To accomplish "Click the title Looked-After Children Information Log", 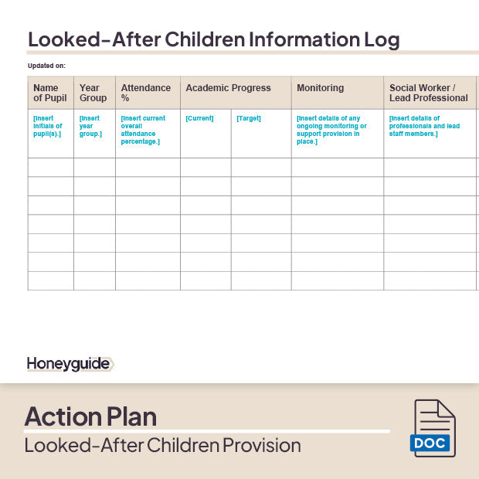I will pyautogui.click(x=213, y=39).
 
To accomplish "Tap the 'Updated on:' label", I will pyautogui.click(x=46, y=66).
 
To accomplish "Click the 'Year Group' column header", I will pyautogui.click(x=93, y=93).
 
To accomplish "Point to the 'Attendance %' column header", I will pyautogui.click(x=145, y=93).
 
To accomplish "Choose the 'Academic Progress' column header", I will pyautogui.click(x=228, y=88).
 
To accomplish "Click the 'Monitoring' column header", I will pyautogui.click(x=320, y=88).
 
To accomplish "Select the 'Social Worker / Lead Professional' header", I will pyautogui.click(x=428, y=93).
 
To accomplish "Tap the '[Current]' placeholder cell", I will pyautogui.click(x=199, y=118).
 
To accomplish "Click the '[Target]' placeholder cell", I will pyautogui.click(x=249, y=118).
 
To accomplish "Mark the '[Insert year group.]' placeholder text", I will pyautogui.click(x=90, y=126).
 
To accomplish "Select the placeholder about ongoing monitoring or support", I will pyautogui.click(x=331, y=130).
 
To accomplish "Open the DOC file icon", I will pyautogui.click(x=433, y=429).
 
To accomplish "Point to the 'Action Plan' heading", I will pyautogui.click(x=90, y=416).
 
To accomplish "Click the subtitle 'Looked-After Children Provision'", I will pyautogui.click(x=162, y=446).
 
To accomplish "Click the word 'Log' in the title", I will pyautogui.click(x=382, y=39).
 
